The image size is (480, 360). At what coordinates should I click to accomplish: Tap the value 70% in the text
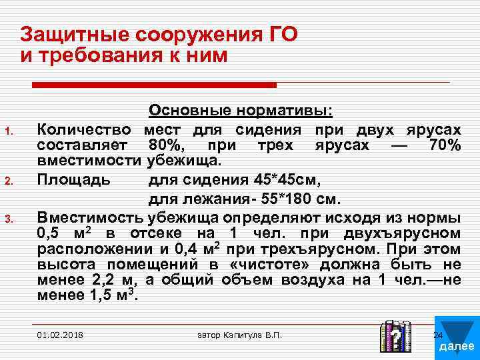(443, 145)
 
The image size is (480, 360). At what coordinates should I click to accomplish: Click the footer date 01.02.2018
(61, 334)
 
